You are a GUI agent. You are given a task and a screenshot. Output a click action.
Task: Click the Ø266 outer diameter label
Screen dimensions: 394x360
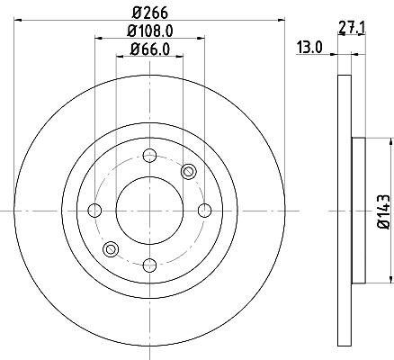pos(150,13)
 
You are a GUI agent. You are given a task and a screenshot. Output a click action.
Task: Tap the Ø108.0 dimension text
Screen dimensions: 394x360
pos(150,31)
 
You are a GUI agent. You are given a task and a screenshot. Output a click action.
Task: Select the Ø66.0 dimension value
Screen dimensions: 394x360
pos(150,49)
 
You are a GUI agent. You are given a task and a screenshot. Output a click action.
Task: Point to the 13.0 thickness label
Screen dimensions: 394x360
pos(309,48)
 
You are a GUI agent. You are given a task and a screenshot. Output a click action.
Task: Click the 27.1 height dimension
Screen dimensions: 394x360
pos(352,29)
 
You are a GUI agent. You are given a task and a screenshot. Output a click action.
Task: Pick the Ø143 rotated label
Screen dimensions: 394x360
pos(383,211)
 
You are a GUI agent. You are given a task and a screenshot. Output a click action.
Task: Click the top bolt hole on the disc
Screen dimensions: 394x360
pos(149,156)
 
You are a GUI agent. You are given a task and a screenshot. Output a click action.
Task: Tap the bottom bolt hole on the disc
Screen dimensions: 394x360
pos(149,265)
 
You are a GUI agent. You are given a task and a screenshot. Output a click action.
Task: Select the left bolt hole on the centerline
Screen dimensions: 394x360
pos(94,211)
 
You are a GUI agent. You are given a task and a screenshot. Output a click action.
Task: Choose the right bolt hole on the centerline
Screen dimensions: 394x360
pos(204,211)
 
